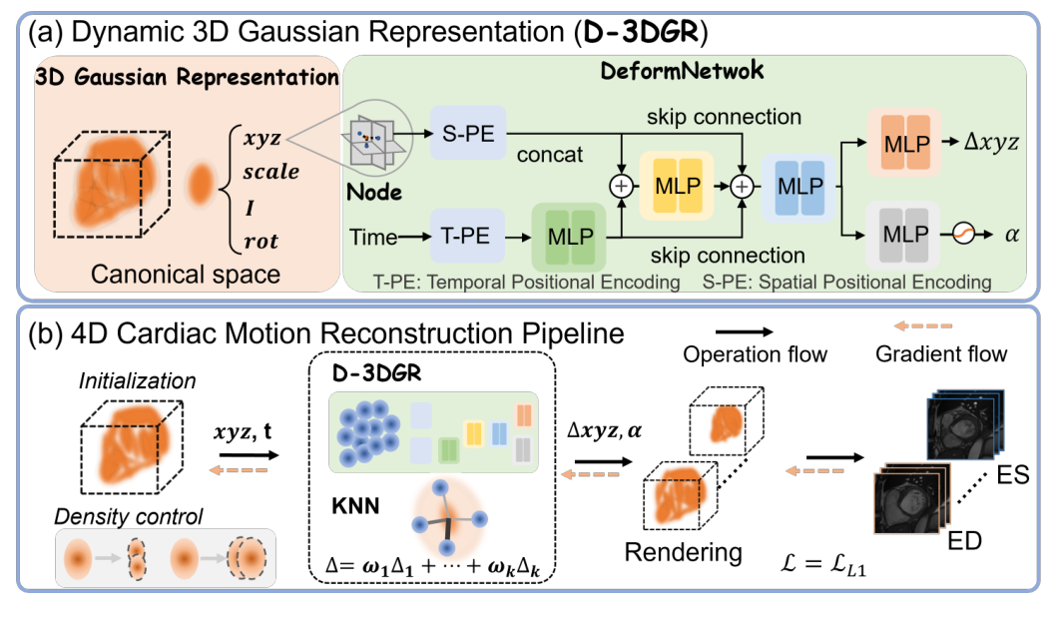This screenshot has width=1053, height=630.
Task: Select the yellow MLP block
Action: pos(679,185)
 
